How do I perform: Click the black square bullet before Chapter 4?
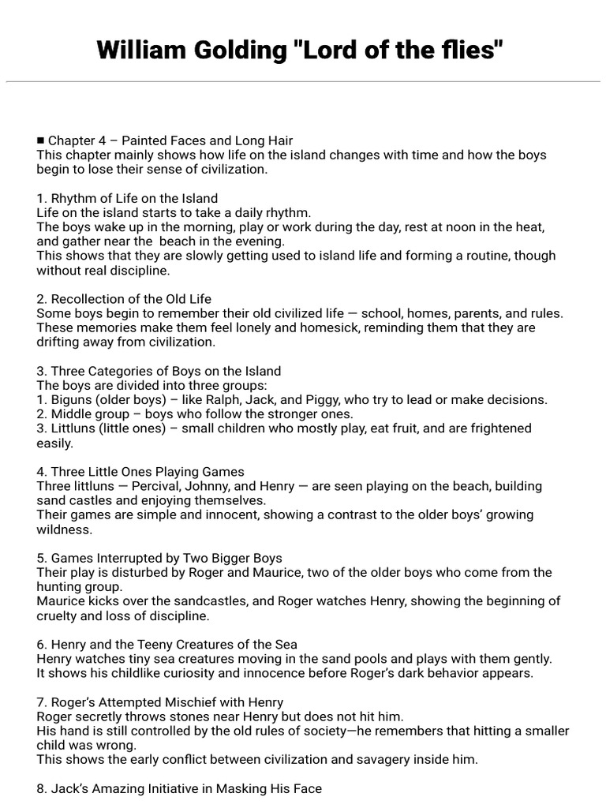pyautogui.click(x=40, y=140)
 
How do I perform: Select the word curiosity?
pyautogui.click(x=200, y=673)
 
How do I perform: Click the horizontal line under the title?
pyautogui.click(x=303, y=81)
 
